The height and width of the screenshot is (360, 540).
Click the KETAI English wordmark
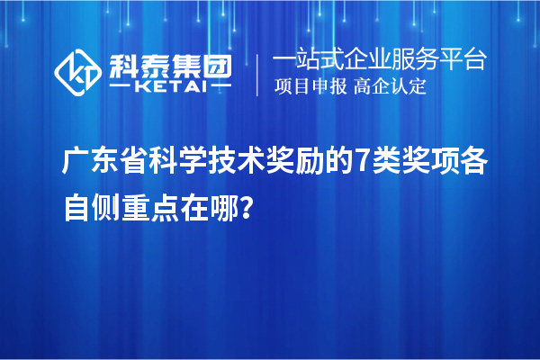point(170,86)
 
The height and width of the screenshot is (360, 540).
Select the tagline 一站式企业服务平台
point(379,60)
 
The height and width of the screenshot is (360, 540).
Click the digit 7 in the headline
point(361,165)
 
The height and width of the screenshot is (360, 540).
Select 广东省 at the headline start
point(103,165)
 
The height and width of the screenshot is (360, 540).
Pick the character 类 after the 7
point(383,165)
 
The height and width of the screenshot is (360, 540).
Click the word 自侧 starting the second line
point(89,209)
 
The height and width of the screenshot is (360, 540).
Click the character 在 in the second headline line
point(193,209)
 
